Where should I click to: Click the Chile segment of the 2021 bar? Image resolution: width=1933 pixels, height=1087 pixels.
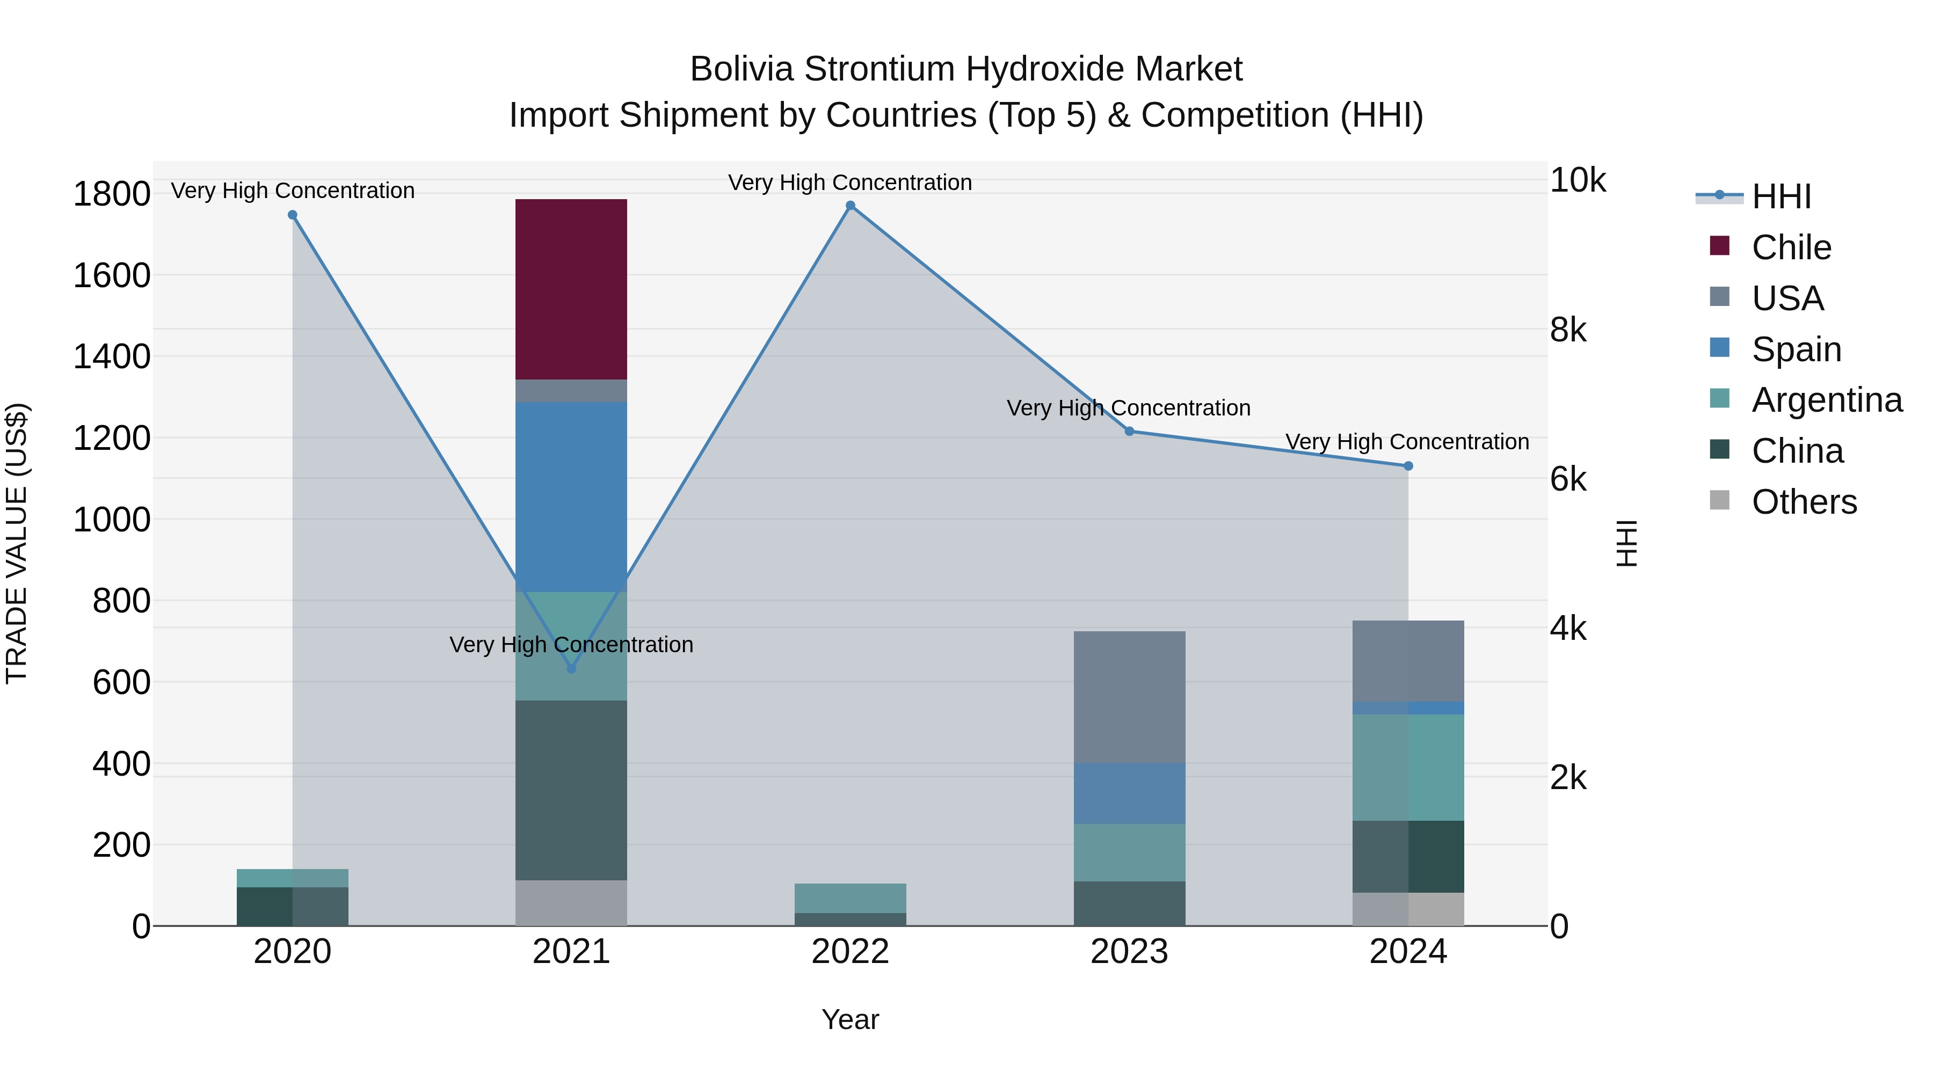pos(571,289)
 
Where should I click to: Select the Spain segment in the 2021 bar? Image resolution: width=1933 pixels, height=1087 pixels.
pos(571,497)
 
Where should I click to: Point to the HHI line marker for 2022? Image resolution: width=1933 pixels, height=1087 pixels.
pos(850,206)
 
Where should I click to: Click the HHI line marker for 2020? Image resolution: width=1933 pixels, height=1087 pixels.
pos(293,215)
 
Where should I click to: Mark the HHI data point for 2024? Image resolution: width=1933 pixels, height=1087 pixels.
pos(1408,466)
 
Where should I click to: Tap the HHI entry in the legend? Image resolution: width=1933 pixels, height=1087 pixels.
pos(1781,196)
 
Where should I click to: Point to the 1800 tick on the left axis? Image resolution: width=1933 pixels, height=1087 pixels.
pos(111,194)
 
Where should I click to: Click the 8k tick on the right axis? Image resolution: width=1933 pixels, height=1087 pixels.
pos(1569,330)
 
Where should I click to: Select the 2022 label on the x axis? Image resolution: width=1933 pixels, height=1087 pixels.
pos(850,952)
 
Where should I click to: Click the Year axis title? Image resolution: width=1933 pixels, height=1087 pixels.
pos(850,1019)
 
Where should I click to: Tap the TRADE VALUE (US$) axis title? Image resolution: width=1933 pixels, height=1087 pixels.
pos(17,543)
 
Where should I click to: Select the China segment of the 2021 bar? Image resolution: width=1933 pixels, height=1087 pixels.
pos(571,790)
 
